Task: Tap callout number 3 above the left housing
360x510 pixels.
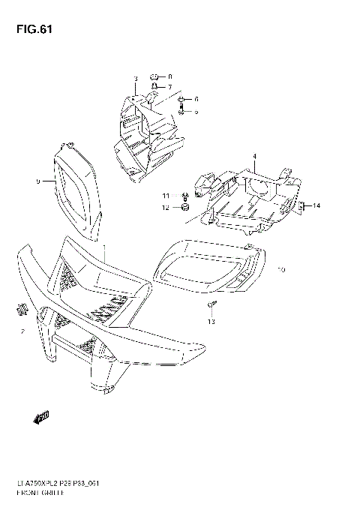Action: tap(136, 79)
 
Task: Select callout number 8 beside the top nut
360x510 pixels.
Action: tap(169, 77)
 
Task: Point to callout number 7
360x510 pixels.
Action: tap(169, 88)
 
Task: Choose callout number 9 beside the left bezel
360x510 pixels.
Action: tap(37, 181)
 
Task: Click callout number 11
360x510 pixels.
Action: tap(167, 196)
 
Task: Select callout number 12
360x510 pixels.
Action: tap(167, 208)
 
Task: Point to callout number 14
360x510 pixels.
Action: tap(316, 205)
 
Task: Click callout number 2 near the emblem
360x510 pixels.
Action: tap(22, 331)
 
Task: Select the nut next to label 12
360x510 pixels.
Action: tap(184, 208)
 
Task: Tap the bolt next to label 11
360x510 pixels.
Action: tap(184, 196)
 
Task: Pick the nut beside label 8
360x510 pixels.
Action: tap(154, 77)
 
